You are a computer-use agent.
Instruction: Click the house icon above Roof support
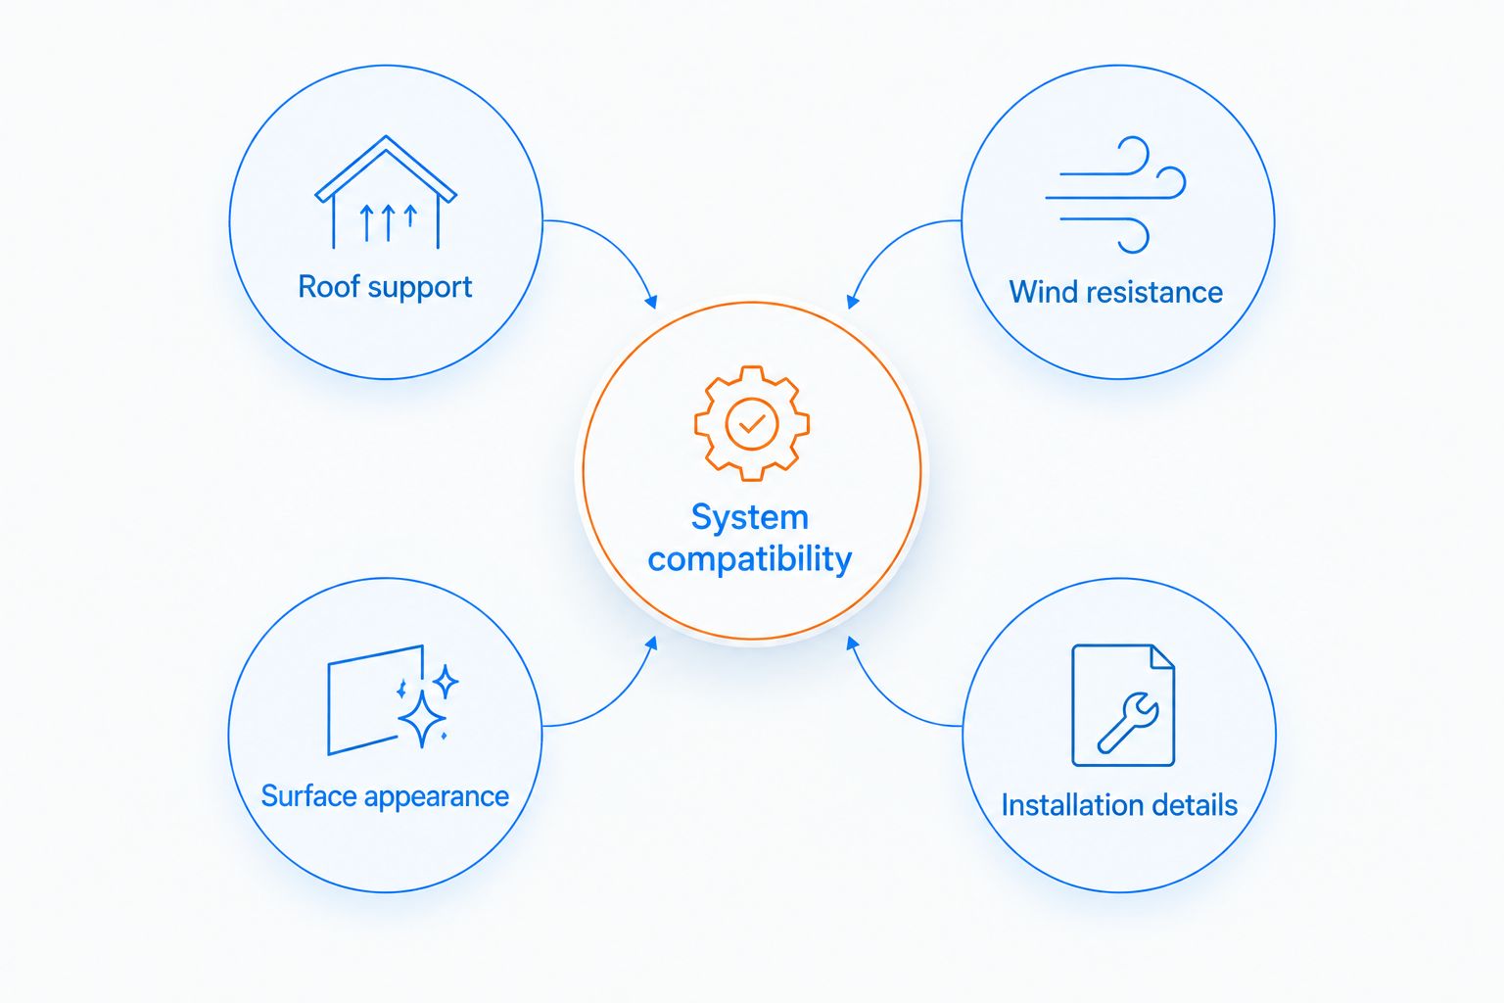click(386, 192)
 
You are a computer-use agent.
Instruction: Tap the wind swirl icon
click(1116, 195)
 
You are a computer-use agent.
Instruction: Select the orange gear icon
click(752, 423)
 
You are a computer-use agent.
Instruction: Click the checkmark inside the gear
click(752, 424)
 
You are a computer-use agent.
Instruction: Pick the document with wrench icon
click(1123, 705)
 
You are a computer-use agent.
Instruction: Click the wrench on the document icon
click(1128, 722)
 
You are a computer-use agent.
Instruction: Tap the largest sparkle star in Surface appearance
click(422, 718)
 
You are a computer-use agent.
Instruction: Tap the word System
click(750, 518)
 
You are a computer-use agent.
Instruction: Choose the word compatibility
click(750, 559)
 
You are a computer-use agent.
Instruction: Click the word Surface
click(308, 796)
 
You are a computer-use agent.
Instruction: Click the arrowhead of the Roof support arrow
click(650, 302)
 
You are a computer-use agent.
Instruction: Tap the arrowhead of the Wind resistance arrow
click(853, 302)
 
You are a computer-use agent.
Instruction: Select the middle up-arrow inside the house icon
click(388, 222)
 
